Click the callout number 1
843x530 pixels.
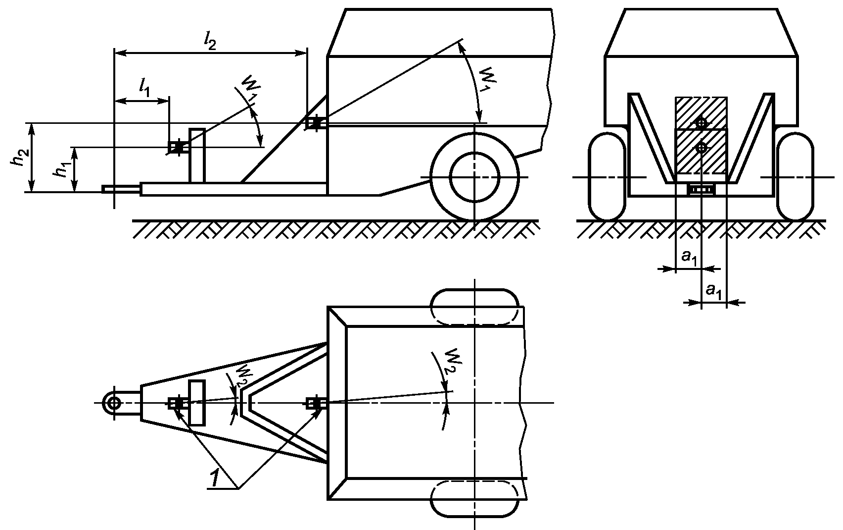(x=215, y=478)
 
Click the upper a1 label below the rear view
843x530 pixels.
(x=690, y=258)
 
